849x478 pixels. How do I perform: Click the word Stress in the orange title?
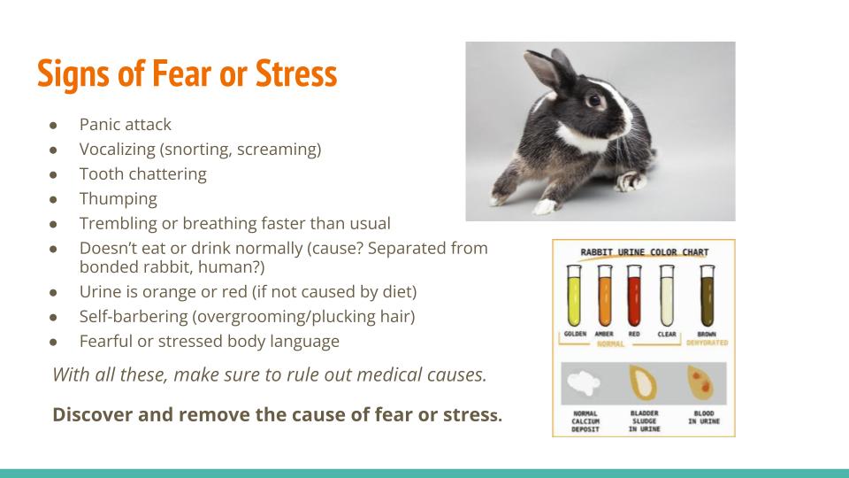click(296, 73)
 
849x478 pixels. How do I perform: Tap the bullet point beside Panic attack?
click(53, 125)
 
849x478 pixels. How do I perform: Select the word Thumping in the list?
click(118, 199)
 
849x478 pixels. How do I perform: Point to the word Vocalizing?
click(117, 149)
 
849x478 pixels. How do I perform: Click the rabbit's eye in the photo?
click(594, 100)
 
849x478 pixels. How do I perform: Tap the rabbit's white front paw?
click(544, 207)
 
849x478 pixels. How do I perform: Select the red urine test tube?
click(634, 296)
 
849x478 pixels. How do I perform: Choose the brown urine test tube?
click(707, 296)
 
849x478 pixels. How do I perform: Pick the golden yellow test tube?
click(574, 296)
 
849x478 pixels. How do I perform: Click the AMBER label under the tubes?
click(604, 335)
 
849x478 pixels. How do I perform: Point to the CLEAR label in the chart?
click(667, 335)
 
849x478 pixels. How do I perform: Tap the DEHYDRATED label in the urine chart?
click(707, 343)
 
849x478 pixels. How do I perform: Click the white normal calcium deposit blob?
click(584, 383)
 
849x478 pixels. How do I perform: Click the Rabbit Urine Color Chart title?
click(645, 252)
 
